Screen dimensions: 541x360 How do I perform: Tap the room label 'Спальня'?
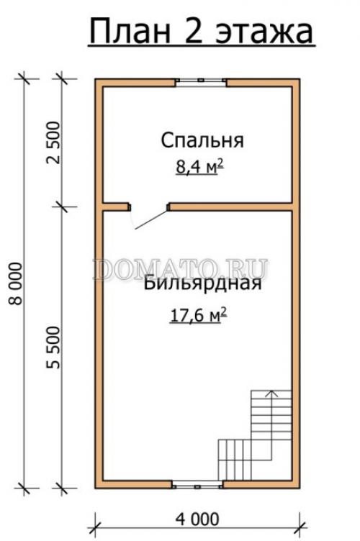click(x=202, y=140)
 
